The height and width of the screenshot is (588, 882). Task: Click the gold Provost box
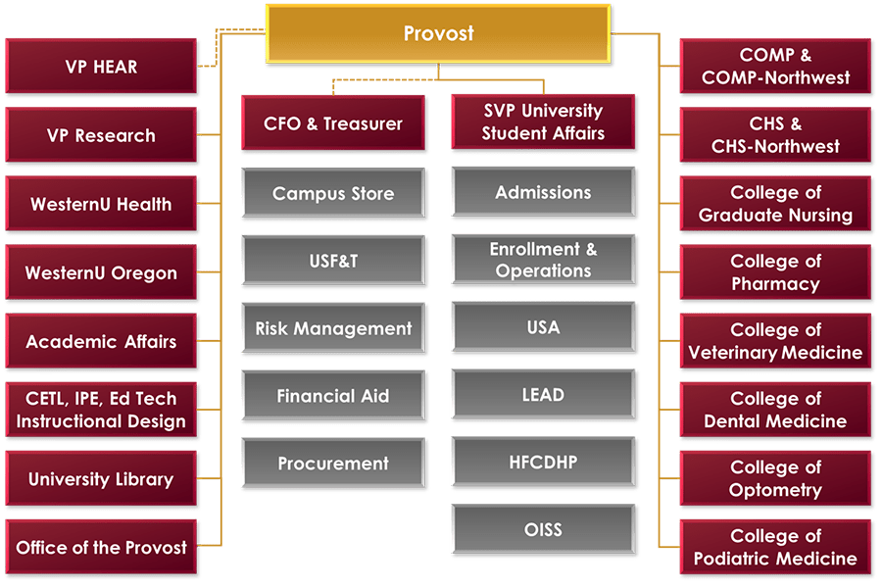[x=438, y=33]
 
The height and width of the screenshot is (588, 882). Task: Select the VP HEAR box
[x=101, y=67]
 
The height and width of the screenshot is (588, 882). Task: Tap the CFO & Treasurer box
[x=333, y=123]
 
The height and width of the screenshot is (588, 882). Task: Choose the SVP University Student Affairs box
[x=543, y=122]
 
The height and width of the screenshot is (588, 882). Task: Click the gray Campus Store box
[x=333, y=193]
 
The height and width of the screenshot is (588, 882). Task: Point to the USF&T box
[x=333, y=261]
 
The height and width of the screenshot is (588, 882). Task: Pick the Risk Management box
[x=333, y=328]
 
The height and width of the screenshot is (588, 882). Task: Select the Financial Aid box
[x=333, y=396]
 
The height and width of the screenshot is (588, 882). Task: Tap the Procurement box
[x=333, y=464]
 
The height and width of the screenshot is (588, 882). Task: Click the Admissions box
[x=543, y=192]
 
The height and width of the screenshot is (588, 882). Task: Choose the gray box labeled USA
[x=543, y=327]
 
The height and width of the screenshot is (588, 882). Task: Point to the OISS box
[x=543, y=529]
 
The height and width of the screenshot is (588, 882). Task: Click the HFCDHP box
[x=543, y=462]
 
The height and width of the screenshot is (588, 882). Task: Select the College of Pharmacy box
[x=775, y=272]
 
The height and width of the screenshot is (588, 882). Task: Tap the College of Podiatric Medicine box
[x=775, y=547]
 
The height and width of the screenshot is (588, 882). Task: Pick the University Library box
[x=101, y=478]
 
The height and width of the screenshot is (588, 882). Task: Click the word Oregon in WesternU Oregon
[x=144, y=273]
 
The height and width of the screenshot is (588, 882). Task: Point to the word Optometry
[x=775, y=490]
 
